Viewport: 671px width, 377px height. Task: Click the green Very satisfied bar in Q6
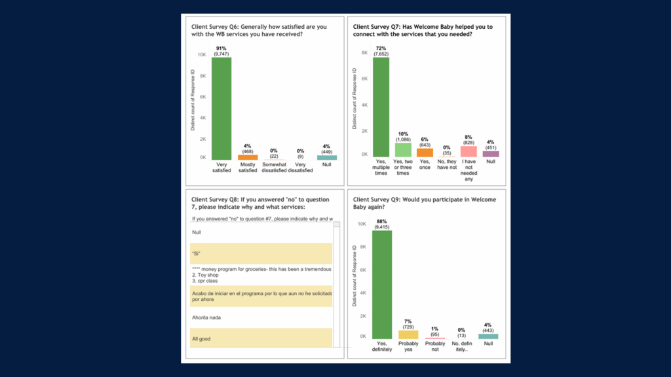[221, 109]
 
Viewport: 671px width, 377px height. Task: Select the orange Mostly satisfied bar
[248, 158]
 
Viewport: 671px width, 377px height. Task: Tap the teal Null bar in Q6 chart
[327, 158]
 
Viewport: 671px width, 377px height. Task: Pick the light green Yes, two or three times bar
[403, 150]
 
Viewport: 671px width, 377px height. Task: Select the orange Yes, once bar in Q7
[425, 153]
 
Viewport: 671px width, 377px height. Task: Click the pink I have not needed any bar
[469, 151]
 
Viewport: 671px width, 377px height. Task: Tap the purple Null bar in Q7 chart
[491, 154]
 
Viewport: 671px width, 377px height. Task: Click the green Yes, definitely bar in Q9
[382, 285]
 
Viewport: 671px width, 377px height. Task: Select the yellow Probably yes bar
[408, 334]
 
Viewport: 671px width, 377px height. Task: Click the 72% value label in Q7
[381, 48]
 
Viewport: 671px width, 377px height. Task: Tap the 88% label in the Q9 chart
[382, 221]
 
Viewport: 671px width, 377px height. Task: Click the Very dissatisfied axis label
[299, 168]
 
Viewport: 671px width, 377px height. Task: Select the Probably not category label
[435, 346]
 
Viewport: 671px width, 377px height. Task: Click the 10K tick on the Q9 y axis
[362, 224]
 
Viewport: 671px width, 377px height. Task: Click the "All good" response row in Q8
[261, 338]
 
